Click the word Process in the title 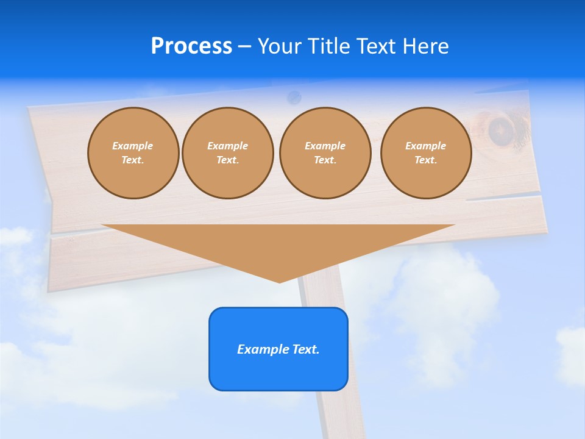pyautogui.click(x=191, y=46)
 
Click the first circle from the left pyautogui.click(x=133, y=153)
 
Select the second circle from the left pyautogui.click(x=227, y=153)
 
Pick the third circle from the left pyautogui.click(x=325, y=153)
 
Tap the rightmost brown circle pyautogui.click(x=425, y=153)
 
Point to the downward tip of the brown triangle pyautogui.click(x=280, y=282)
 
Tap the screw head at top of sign pyautogui.click(x=294, y=96)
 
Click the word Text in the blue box pyautogui.click(x=305, y=349)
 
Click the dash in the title pyautogui.click(x=244, y=46)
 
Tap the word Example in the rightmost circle pyautogui.click(x=425, y=146)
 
